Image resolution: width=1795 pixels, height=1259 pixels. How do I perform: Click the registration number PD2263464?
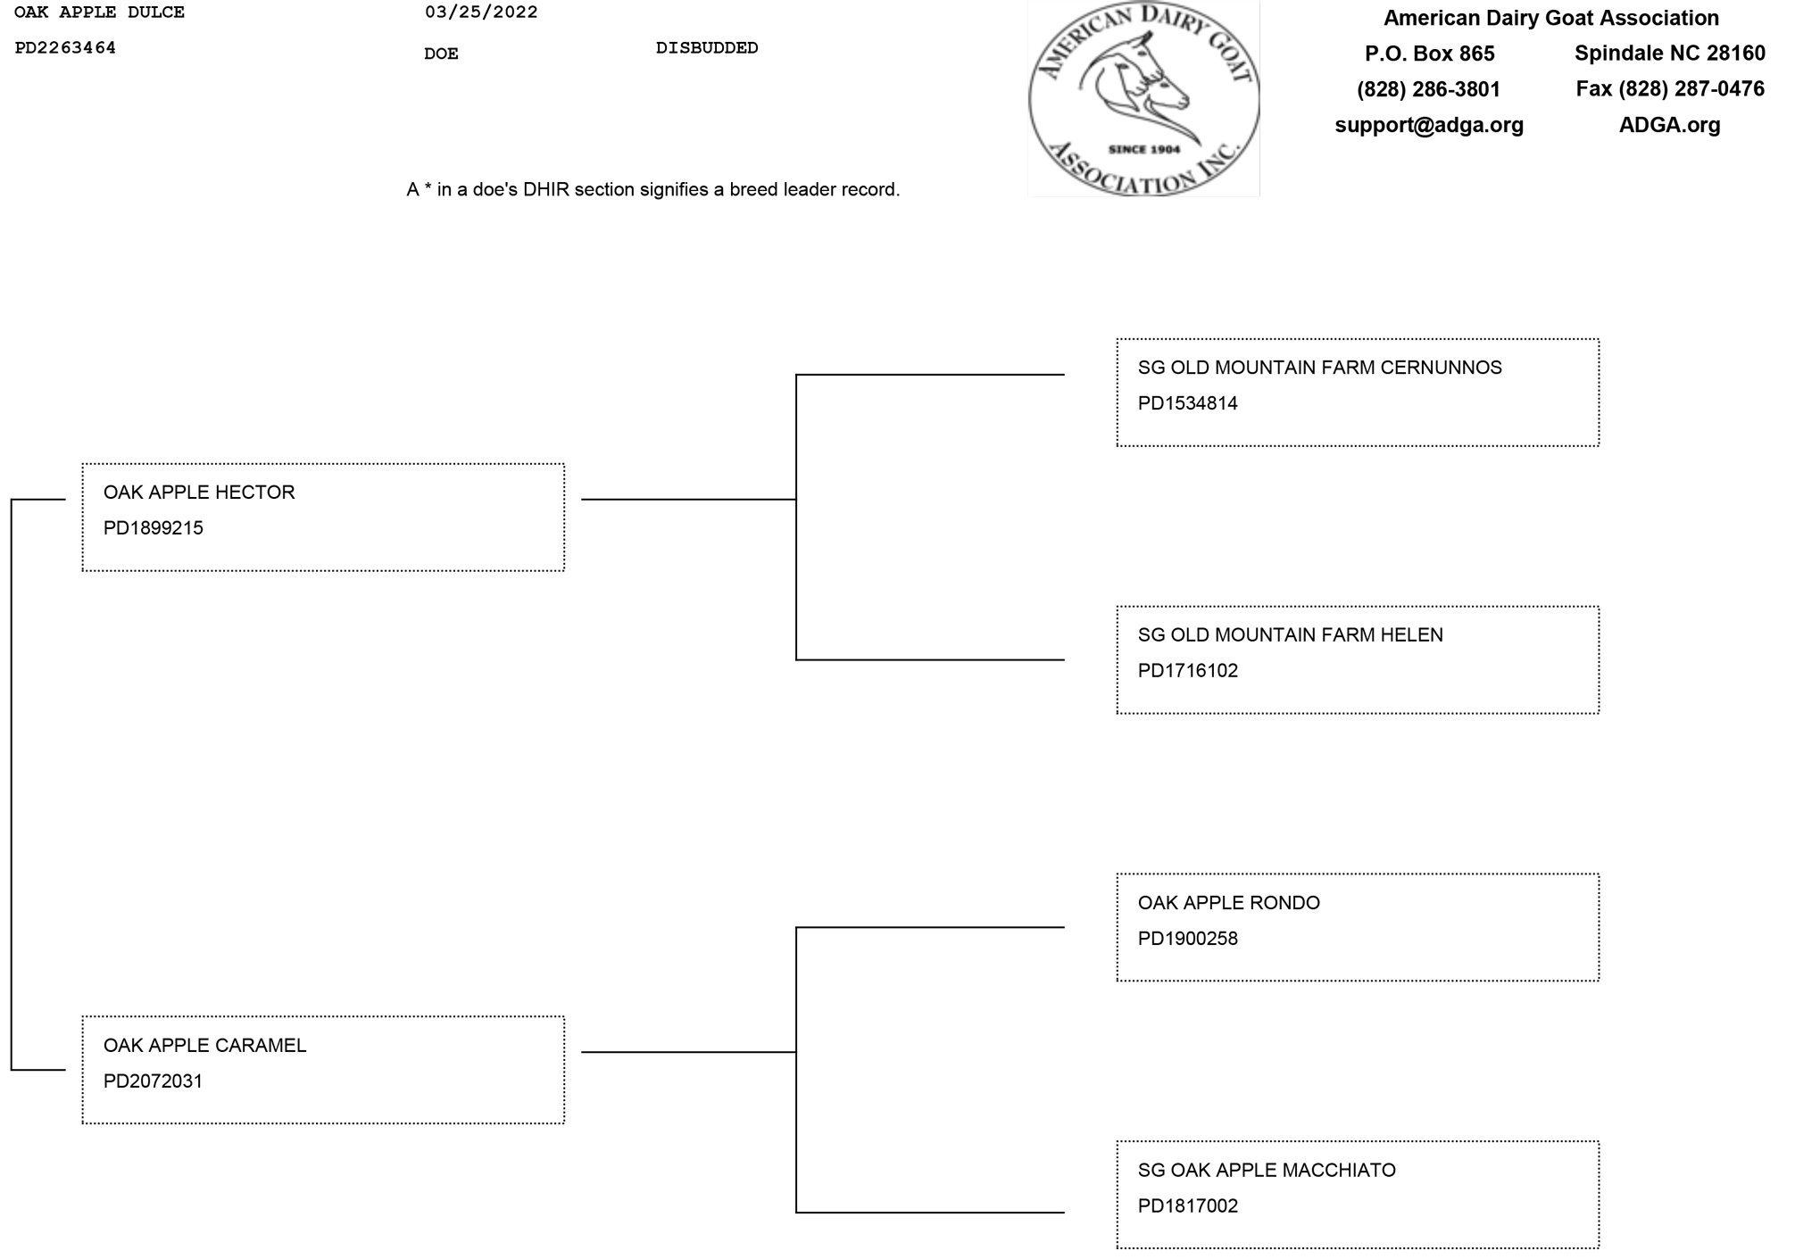(65, 48)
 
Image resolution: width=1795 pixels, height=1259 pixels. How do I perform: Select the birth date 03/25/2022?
(481, 12)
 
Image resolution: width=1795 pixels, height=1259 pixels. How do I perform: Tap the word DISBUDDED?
(707, 48)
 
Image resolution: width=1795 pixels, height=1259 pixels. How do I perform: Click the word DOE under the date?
(441, 54)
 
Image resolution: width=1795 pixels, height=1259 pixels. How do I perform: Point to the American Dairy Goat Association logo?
(1143, 98)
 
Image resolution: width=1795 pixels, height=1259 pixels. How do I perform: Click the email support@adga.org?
(1429, 125)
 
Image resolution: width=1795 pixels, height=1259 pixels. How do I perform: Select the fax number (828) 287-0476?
(1670, 89)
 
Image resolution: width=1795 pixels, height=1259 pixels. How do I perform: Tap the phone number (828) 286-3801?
(1428, 89)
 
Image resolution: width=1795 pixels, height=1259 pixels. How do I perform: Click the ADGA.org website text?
(1669, 125)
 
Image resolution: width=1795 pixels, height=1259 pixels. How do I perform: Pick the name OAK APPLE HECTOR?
(199, 493)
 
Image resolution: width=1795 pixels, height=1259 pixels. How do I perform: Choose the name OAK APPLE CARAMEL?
(204, 1046)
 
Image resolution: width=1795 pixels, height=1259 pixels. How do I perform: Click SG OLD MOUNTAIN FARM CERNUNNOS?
(1319, 368)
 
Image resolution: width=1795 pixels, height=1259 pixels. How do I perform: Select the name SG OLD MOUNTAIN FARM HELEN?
(1290, 635)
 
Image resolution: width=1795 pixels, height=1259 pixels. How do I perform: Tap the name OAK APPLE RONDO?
(1228, 903)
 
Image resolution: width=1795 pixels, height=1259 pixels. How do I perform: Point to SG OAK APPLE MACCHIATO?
(1267, 1171)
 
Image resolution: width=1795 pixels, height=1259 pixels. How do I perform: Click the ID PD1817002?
(1187, 1206)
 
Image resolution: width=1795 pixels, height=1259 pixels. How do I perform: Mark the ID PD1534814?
(1187, 403)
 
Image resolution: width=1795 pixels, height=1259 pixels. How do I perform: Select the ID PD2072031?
(153, 1081)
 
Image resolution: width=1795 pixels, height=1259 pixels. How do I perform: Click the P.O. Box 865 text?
(1429, 54)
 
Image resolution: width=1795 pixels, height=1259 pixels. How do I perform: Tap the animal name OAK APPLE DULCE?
(99, 12)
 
